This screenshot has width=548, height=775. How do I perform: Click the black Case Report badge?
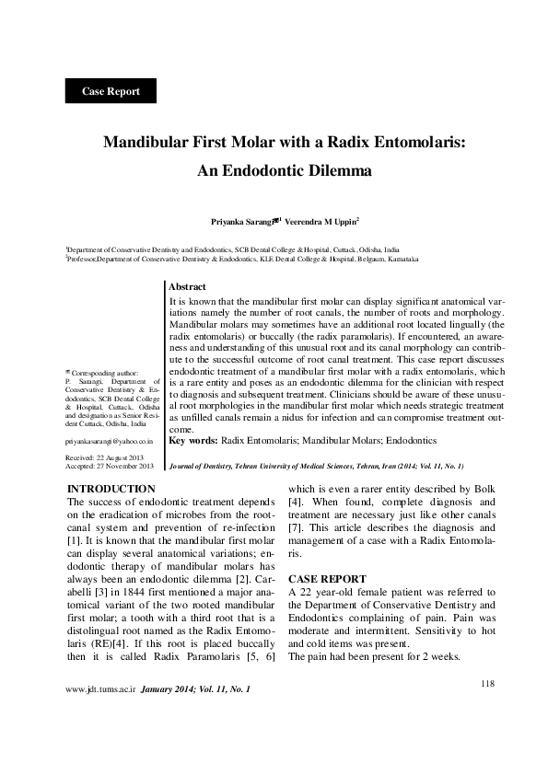click(x=111, y=91)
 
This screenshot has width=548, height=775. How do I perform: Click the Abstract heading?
click(x=187, y=288)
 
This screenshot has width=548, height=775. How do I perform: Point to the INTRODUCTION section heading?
click(x=111, y=488)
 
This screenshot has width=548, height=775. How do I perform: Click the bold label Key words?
click(x=194, y=442)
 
